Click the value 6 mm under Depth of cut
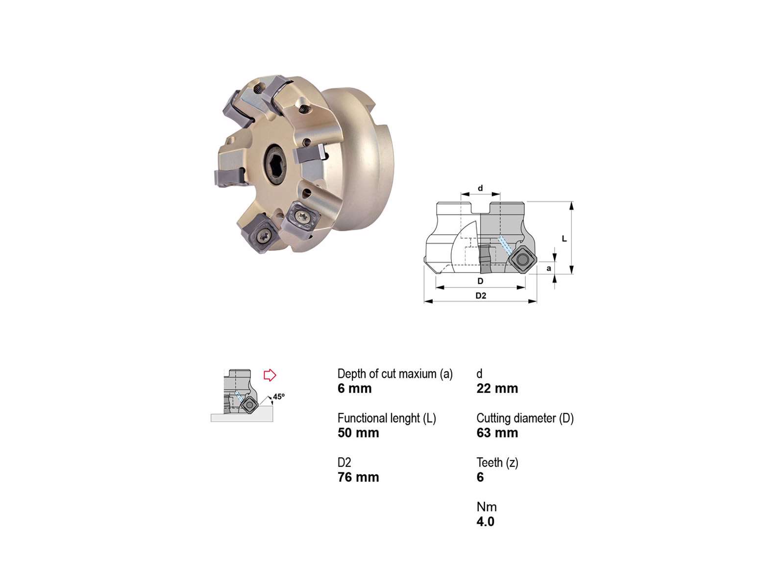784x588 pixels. pos(354,389)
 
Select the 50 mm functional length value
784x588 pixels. pos(358,433)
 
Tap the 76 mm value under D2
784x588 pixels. pos(358,477)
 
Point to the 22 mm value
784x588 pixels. pos(497,389)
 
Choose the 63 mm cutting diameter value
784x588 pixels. pos(497,433)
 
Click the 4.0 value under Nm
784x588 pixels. pos(485,521)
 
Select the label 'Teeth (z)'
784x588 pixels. pos(497,463)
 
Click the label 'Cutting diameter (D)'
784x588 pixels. pos(525,418)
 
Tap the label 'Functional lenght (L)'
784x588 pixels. pos(387,418)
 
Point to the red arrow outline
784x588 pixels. pos(269,375)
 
